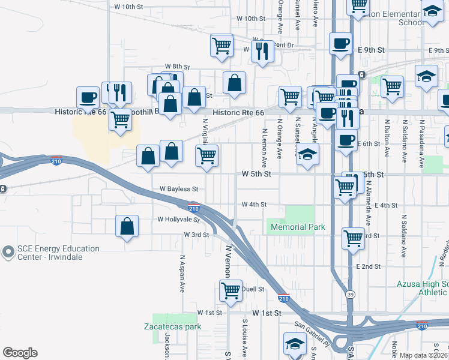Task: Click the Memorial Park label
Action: coord(298,227)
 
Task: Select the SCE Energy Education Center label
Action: coord(50,253)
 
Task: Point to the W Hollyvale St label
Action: coord(177,220)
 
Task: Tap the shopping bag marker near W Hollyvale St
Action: coord(127,227)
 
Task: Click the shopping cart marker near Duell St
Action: coord(231,292)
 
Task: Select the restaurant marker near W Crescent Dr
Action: coord(262,52)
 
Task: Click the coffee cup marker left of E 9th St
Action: coord(341,44)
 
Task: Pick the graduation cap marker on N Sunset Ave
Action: coord(307,155)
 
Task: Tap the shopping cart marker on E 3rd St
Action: coord(354,238)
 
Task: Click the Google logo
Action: coord(20,353)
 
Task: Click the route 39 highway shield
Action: coord(350,294)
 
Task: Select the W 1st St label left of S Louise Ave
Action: coord(209,313)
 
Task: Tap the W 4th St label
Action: coord(254,205)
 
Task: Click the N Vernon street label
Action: coord(228,260)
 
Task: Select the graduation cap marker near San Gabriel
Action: coord(295,344)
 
